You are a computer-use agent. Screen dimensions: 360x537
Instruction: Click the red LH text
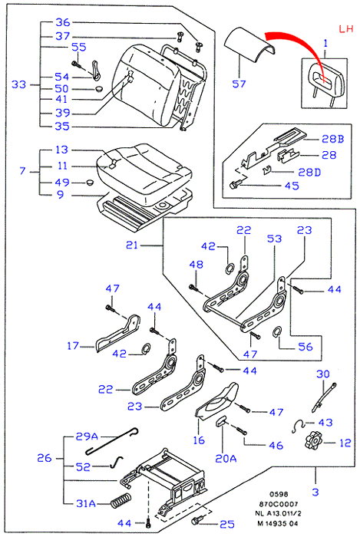click(346, 28)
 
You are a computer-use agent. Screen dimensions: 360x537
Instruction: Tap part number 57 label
click(239, 84)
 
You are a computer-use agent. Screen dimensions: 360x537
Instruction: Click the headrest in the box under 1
click(325, 83)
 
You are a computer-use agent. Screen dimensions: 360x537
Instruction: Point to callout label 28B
click(332, 139)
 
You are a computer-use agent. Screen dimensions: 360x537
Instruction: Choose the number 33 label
click(19, 84)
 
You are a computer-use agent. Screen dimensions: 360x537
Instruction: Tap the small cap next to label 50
click(99, 88)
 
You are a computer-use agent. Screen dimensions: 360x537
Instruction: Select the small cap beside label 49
click(90, 182)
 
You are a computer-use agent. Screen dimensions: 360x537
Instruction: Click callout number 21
click(132, 245)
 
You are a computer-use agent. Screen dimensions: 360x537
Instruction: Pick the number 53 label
click(274, 239)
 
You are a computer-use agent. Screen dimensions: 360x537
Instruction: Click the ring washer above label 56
click(277, 331)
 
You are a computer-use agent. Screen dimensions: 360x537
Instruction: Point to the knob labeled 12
click(312, 440)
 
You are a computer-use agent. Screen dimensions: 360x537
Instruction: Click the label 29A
click(87, 437)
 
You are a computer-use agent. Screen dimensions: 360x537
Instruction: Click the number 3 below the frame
click(315, 493)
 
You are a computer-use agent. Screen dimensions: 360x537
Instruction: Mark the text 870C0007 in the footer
click(278, 504)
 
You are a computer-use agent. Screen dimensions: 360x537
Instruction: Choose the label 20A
click(226, 458)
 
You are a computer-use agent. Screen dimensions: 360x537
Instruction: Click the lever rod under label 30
click(325, 397)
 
